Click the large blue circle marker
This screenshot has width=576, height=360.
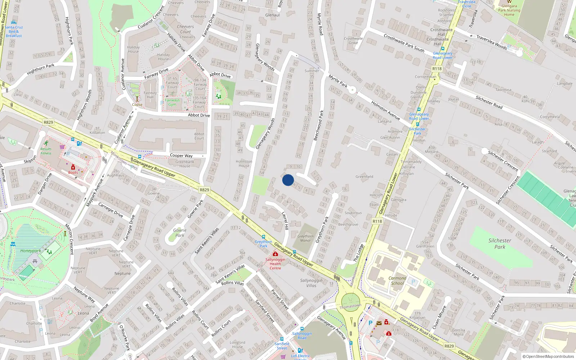click(x=288, y=180)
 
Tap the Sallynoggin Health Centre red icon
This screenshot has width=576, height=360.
click(x=275, y=254)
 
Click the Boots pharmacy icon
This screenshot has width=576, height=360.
click(x=73, y=167)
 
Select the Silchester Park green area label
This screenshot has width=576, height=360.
click(x=500, y=244)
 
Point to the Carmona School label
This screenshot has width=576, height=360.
click(x=397, y=281)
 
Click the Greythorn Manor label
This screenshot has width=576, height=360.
click(x=305, y=238)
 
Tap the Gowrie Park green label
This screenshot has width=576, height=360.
click(x=179, y=233)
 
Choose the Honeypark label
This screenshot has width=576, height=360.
click(x=30, y=251)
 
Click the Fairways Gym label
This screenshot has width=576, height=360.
click(x=172, y=103)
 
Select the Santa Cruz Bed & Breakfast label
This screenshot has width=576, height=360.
click(x=14, y=31)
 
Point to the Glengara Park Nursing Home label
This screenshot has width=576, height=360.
click(x=509, y=10)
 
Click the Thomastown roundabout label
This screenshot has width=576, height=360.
click(x=350, y=306)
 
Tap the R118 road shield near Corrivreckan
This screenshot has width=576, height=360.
click(x=437, y=69)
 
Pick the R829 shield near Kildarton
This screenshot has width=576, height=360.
click(x=48, y=122)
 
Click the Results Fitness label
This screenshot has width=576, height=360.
click(x=46, y=151)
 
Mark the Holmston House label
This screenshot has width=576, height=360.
click(x=244, y=163)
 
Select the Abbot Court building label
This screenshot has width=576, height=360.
click(x=199, y=136)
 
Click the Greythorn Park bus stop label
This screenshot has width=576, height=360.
click(x=264, y=244)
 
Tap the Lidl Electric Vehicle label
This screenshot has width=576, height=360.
click(x=300, y=356)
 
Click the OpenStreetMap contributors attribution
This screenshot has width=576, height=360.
click(x=548, y=356)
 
